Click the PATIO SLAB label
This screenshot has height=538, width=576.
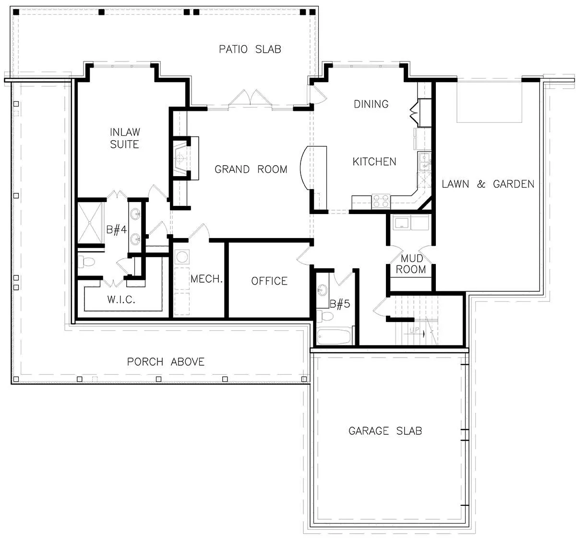(x=250, y=49)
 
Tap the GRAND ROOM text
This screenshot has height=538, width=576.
(x=251, y=169)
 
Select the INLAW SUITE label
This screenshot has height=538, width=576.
(x=125, y=138)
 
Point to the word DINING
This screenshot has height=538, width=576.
(x=371, y=104)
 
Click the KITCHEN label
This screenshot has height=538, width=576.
(x=374, y=162)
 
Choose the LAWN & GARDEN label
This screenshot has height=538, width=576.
(x=488, y=184)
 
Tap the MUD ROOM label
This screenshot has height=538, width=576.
(x=411, y=263)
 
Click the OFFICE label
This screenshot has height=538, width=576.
(x=269, y=281)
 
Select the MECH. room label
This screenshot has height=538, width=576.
(x=206, y=279)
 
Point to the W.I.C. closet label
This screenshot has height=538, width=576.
(x=121, y=299)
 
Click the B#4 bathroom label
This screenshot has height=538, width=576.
(x=116, y=230)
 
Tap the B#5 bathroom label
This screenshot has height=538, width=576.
(x=340, y=304)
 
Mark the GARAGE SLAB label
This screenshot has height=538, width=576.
(x=385, y=430)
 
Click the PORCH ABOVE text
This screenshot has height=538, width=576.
(x=166, y=362)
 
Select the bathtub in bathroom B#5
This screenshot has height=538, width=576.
(x=334, y=336)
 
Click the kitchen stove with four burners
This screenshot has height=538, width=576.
(x=381, y=201)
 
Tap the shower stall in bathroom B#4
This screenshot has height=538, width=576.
(x=90, y=223)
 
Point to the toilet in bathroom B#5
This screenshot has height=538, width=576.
(x=324, y=316)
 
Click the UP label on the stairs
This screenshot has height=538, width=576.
(x=415, y=330)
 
